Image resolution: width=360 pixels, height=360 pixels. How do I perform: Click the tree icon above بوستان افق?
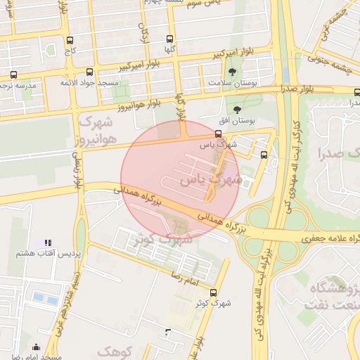pos(237,110)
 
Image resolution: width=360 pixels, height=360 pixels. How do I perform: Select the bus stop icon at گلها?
pos(169,39)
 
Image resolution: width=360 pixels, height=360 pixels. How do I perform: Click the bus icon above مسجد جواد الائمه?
pos(89,72)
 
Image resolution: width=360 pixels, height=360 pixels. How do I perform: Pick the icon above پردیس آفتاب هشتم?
pos(47,243)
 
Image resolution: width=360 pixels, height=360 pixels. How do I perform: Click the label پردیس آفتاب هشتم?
pos(46,252)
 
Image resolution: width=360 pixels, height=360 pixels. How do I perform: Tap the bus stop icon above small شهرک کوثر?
pos(214,293)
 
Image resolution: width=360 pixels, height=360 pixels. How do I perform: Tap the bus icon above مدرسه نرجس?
pos(14,74)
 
